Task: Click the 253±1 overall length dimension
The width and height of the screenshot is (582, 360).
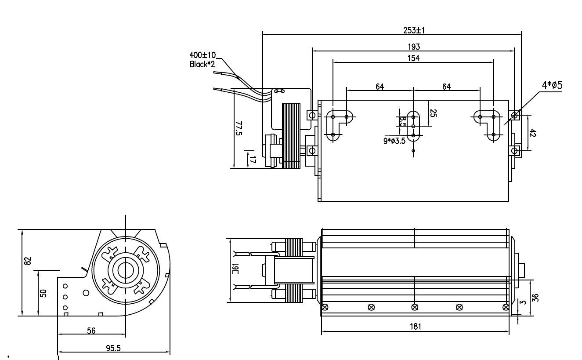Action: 414,30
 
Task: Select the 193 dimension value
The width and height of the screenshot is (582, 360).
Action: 414,47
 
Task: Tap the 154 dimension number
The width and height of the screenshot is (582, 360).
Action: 414,58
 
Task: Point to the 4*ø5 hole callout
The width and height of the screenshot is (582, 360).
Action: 552,85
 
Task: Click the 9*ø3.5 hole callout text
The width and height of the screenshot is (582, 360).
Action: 394,141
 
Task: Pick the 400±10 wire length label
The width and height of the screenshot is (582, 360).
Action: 202,55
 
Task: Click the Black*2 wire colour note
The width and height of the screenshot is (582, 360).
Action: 202,64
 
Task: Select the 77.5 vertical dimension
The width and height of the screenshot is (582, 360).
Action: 239,128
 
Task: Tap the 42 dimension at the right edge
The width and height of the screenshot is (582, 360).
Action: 533,133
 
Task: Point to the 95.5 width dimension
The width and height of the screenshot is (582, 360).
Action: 114,348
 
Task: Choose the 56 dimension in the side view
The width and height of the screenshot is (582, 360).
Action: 91,331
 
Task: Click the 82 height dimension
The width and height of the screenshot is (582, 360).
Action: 28,261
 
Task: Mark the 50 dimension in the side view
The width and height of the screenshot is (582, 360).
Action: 43,293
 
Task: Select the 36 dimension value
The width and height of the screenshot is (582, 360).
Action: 535,298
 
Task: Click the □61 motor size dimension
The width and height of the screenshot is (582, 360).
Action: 235,269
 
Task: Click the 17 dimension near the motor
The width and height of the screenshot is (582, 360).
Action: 252,159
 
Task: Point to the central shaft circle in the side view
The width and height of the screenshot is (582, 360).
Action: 126,270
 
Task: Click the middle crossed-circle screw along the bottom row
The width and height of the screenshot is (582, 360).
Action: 415,307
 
